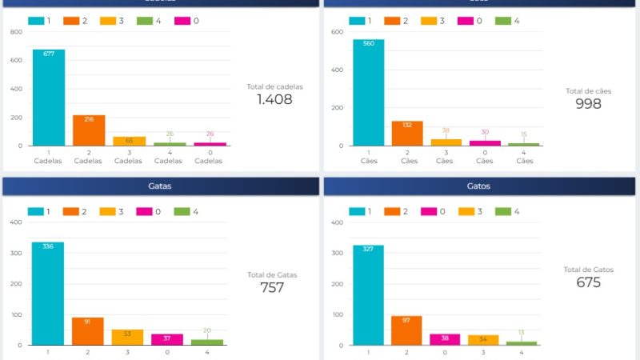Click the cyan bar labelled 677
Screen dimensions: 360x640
[x=49, y=98]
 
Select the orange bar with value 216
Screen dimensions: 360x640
[x=88, y=130]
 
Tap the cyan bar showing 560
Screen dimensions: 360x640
[x=369, y=93]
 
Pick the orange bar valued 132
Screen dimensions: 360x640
[x=407, y=134]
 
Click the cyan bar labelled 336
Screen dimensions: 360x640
[x=48, y=294]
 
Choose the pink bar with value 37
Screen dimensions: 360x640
[x=167, y=340]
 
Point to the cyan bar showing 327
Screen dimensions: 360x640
[x=369, y=295]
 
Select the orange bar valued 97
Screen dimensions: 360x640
[x=407, y=330]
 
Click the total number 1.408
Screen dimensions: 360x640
[x=274, y=100]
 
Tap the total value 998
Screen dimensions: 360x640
[x=588, y=104]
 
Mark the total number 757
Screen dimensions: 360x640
[x=272, y=288]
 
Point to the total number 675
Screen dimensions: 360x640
[x=589, y=282]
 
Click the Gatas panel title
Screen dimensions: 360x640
[x=160, y=186]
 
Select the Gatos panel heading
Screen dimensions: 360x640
[x=478, y=186]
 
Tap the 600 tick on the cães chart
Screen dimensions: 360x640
[x=338, y=32]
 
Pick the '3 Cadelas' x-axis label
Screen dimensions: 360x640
[x=128, y=156]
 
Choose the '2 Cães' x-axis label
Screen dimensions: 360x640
[x=407, y=156]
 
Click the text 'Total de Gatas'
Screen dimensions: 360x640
[x=272, y=274]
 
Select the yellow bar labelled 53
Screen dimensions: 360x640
[x=127, y=338]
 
